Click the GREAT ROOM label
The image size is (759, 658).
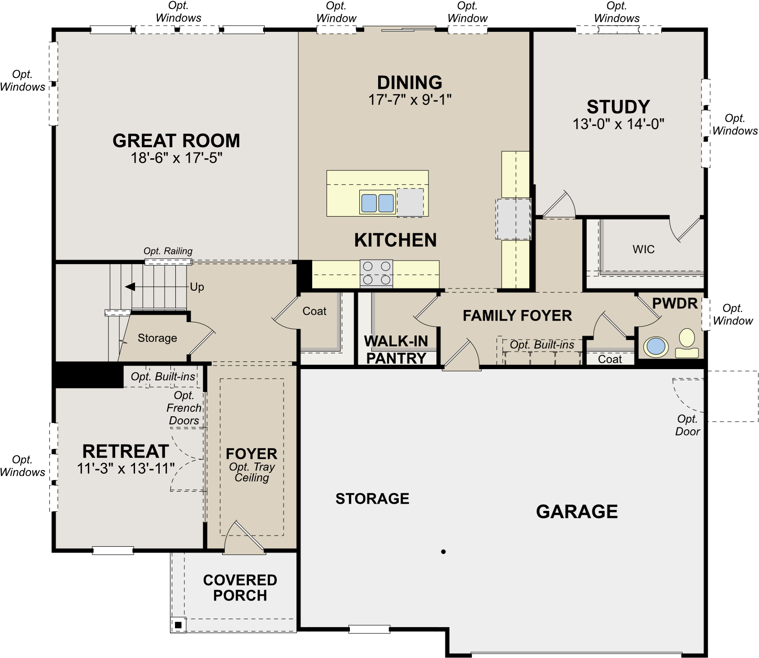[176, 141]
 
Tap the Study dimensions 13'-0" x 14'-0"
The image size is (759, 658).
[618, 124]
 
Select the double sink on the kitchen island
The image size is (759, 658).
[377, 203]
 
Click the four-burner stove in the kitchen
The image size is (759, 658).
[376, 273]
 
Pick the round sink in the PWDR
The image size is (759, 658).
[656, 347]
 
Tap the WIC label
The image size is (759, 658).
[643, 249]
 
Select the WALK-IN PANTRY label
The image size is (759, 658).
[396, 350]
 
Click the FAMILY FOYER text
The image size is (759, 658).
[517, 316]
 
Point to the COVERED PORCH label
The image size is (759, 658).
[240, 588]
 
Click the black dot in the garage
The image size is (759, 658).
[443, 552]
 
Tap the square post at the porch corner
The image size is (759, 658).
[178, 625]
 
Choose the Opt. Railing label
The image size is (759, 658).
[168, 251]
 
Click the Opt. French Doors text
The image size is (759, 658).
[184, 408]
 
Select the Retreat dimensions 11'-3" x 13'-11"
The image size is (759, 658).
[126, 469]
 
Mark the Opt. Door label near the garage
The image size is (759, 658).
[687, 425]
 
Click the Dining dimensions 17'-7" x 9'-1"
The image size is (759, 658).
[410, 100]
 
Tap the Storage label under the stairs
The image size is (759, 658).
[157, 338]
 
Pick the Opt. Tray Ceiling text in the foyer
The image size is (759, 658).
[252, 472]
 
